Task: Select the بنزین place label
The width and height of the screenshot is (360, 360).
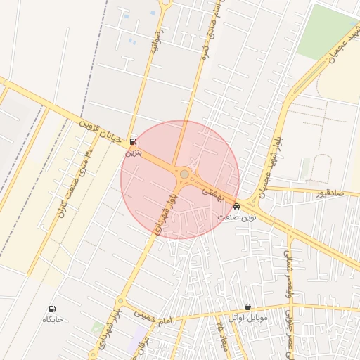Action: [133, 151]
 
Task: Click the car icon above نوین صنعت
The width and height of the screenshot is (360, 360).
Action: [236, 207]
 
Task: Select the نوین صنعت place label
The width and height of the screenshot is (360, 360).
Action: [236, 217]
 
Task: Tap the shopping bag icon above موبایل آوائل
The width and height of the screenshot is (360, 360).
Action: [248, 307]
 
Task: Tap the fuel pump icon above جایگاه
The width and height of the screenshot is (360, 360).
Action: [52, 309]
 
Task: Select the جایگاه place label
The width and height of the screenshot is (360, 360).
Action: [53, 320]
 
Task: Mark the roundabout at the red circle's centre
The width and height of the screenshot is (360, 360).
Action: [184, 174]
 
